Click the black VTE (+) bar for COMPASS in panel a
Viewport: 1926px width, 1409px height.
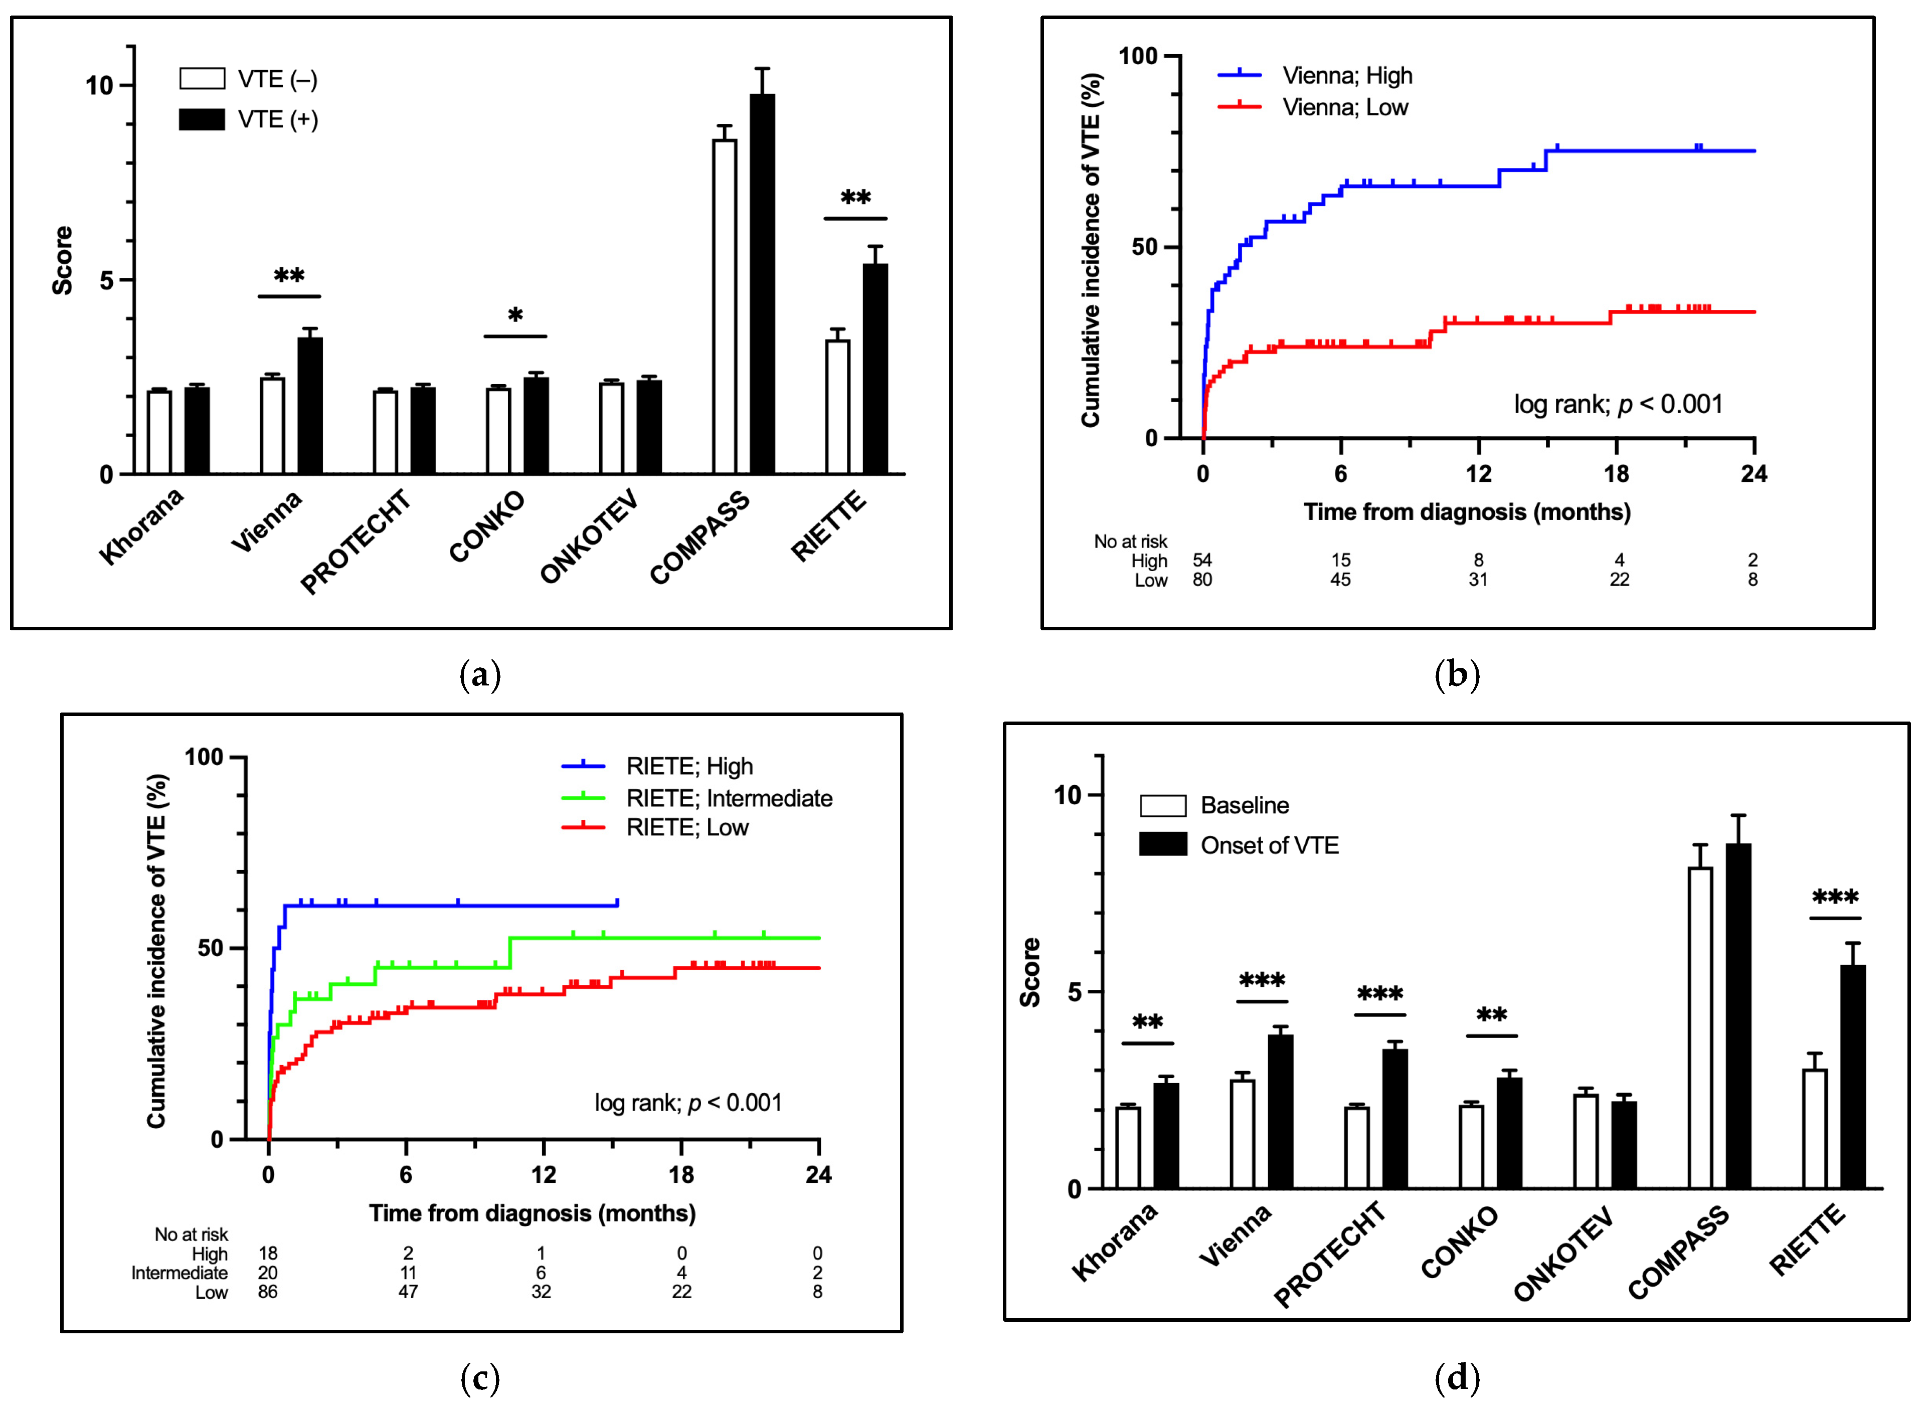coord(762,284)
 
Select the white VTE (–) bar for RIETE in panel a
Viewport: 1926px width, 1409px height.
coord(837,407)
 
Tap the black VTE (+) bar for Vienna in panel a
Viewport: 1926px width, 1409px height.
coord(309,406)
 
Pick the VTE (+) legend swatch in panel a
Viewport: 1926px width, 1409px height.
coord(202,119)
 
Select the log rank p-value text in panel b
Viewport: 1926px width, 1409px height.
coord(1618,404)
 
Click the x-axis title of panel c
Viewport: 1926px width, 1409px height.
coord(532,1213)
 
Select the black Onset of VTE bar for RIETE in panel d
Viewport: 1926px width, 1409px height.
coord(1853,1077)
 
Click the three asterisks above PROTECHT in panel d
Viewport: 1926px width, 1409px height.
coord(1379,994)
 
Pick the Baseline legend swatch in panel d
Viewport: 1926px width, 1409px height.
coord(1163,805)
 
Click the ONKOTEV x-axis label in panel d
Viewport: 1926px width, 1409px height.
coord(1564,1254)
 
